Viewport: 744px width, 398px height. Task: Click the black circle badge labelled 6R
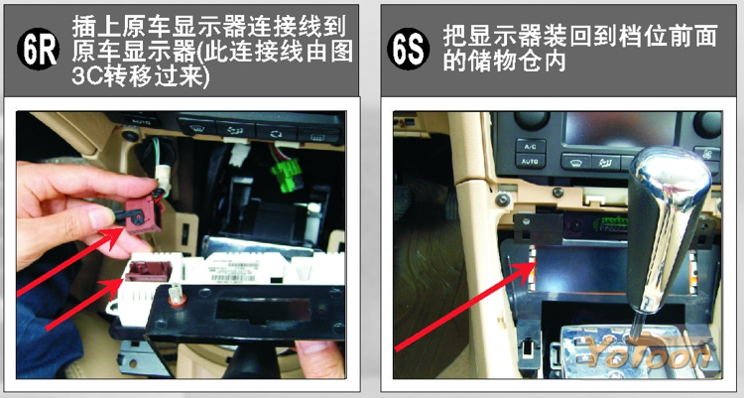[x=38, y=49]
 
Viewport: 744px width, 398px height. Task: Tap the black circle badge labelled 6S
[x=408, y=49]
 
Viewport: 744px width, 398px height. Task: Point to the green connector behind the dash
[x=286, y=176]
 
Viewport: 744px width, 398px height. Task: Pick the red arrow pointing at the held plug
[x=70, y=261]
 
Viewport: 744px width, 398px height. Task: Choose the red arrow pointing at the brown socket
[x=84, y=304]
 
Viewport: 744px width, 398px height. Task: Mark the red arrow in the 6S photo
[x=466, y=306]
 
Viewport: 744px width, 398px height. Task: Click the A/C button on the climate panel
[x=530, y=146]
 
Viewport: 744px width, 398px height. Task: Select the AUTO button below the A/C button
[x=530, y=162]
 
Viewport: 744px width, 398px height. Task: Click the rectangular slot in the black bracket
[x=263, y=311]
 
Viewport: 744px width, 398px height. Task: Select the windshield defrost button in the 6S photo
[x=576, y=163]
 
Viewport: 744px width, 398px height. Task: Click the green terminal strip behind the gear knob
[x=613, y=223]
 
